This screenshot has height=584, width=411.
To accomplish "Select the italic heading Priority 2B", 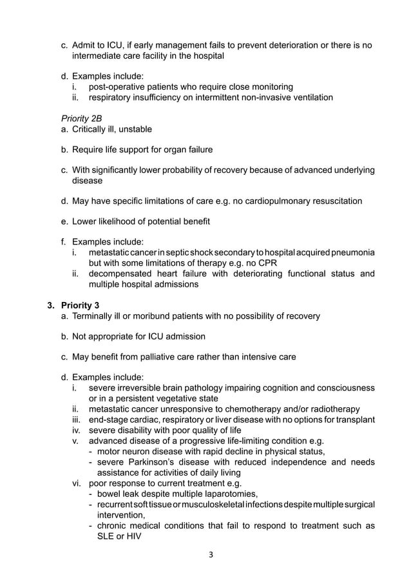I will [81, 119].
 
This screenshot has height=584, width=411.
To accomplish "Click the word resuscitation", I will [331, 201].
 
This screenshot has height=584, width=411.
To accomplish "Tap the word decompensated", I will [123, 274].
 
